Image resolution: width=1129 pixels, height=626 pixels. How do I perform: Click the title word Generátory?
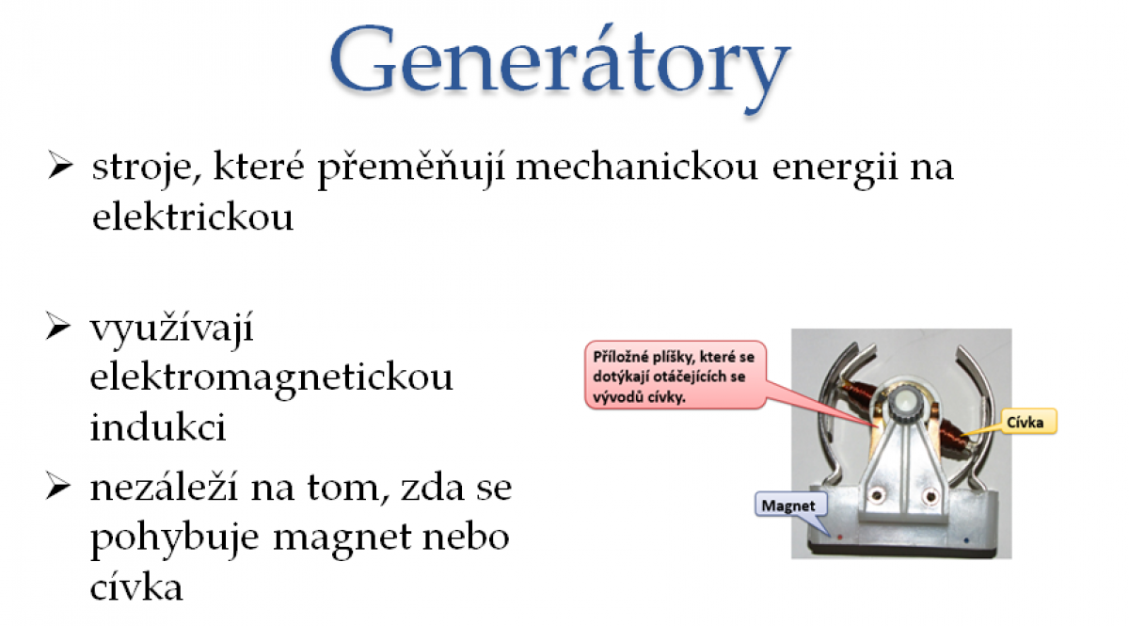(560, 65)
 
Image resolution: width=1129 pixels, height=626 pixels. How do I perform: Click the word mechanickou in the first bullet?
(637, 167)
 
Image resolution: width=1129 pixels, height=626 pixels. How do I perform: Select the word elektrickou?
(193, 217)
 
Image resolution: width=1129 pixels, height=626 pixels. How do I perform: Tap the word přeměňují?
(410, 169)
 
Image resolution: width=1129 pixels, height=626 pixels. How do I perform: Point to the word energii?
(835, 169)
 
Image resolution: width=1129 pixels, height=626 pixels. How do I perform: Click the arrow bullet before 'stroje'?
(60, 165)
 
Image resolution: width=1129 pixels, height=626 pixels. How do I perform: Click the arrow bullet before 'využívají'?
(58, 326)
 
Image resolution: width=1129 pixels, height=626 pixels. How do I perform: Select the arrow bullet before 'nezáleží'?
(58, 486)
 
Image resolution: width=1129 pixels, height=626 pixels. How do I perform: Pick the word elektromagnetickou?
(272, 378)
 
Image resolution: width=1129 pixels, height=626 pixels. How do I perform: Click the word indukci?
(158, 426)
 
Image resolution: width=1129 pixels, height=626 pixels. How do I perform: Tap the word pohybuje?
(174, 539)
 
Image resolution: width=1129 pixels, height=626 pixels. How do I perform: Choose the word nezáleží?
(164, 486)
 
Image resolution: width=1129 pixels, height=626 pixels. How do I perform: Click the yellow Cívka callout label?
(1026, 422)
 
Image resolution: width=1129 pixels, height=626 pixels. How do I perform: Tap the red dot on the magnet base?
(839, 538)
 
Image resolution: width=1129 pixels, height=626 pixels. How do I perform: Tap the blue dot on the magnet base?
(965, 540)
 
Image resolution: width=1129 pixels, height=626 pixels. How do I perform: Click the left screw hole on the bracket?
(878, 495)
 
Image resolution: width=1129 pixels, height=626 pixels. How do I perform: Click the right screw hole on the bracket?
(930, 496)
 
